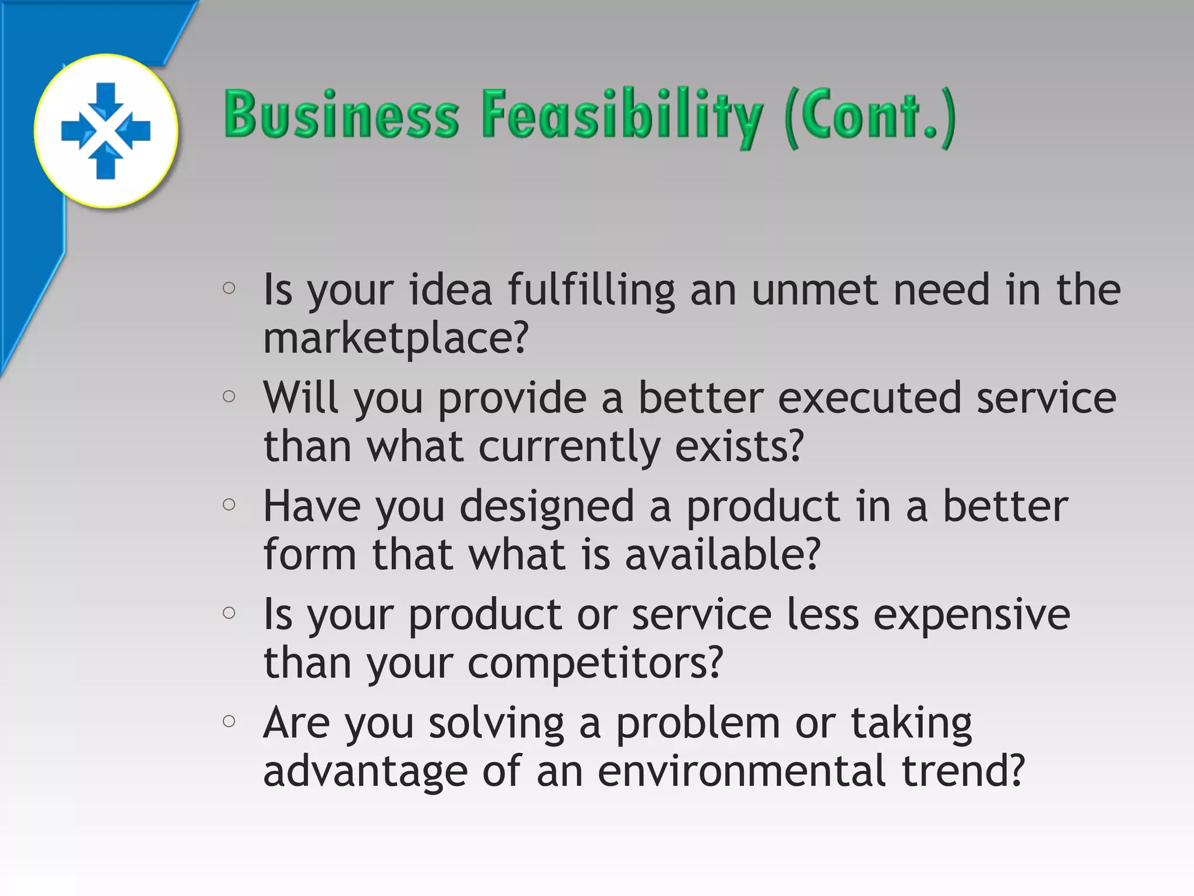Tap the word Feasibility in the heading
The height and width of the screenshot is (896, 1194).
621,116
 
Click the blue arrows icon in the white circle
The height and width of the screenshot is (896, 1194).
106,131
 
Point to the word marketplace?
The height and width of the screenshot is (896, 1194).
396,338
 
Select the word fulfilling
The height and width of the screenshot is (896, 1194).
591,290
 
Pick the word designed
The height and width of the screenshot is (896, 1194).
547,508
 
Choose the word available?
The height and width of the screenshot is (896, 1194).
722,554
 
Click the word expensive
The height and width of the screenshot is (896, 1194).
971,616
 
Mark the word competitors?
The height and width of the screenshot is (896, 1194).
595,664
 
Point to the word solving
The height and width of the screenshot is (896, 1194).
496,724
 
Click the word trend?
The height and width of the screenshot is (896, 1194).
963,771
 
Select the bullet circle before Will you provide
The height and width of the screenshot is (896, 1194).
229,397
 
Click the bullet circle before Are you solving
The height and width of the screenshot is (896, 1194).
229,721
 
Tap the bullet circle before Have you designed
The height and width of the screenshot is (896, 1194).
229,504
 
